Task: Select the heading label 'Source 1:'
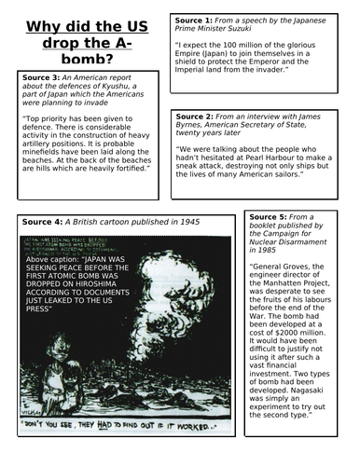198,20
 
